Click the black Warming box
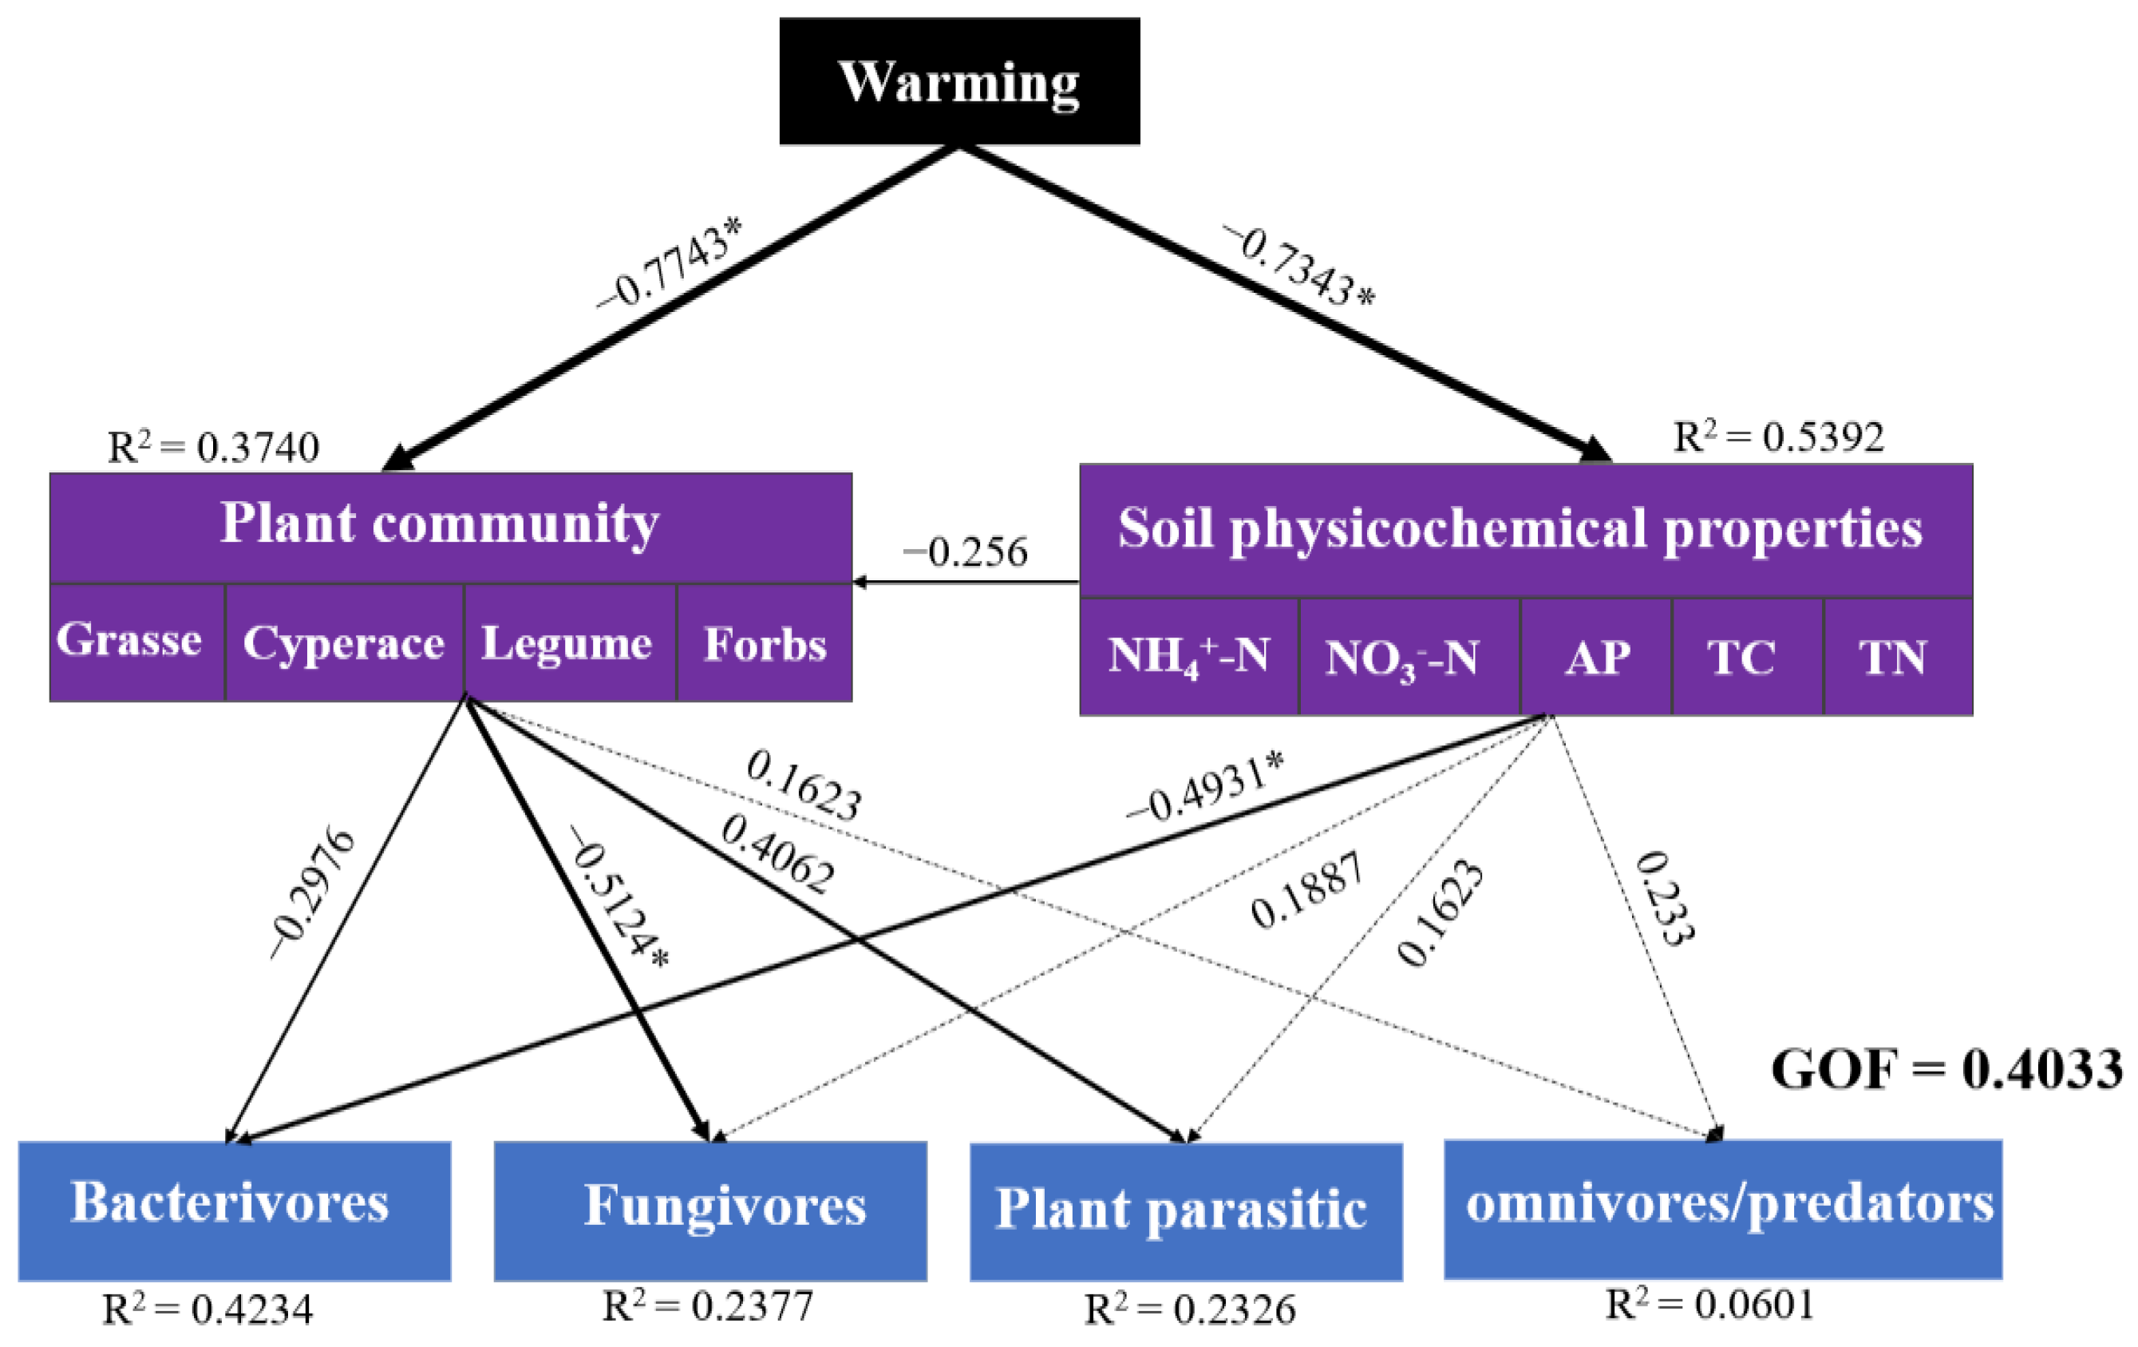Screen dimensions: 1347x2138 (x=959, y=81)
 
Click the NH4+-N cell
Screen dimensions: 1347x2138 (x=1189, y=656)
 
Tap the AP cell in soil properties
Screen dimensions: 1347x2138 (x=1595, y=656)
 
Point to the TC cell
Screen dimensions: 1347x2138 (x=1746, y=656)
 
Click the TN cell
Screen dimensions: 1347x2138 (x=1898, y=656)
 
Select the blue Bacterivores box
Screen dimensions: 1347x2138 (x=235, y=1210)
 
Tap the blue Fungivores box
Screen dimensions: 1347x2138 (x=710, y=1210)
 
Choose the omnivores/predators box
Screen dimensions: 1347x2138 (x=1722, y=1207)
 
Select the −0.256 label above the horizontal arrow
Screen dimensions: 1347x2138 (x=965, y=552)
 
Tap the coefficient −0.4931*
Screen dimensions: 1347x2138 (x=1205, y=788)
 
